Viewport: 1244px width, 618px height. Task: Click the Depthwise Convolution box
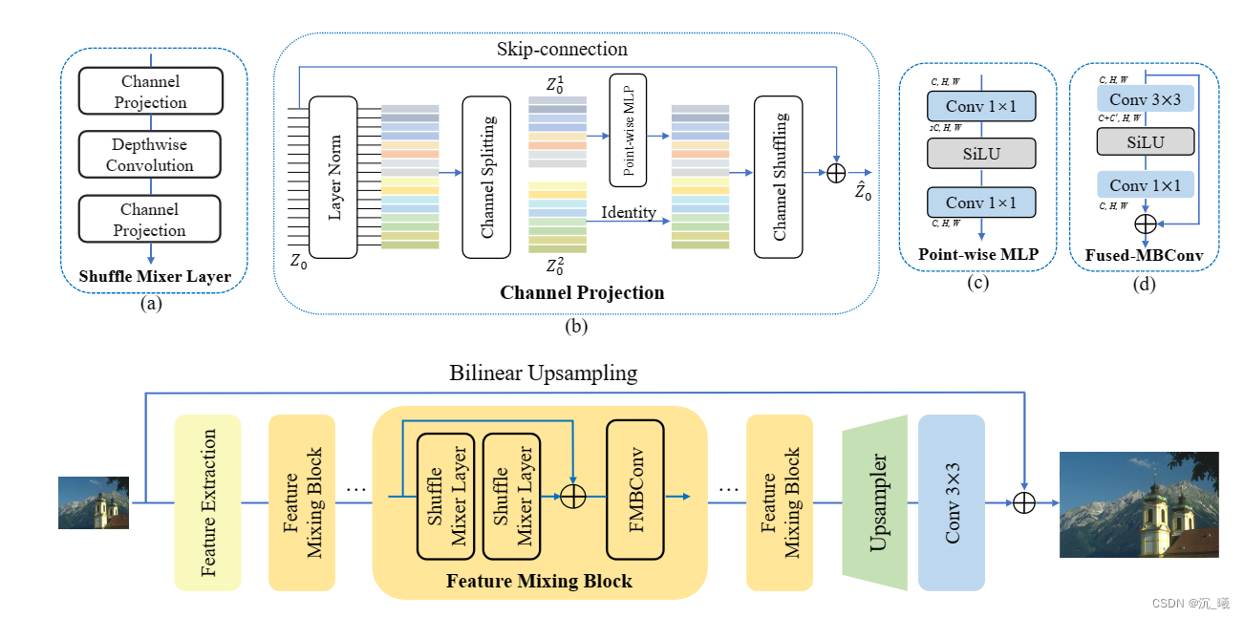click(x=150, y=155)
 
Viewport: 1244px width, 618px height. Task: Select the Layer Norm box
click(x=333, y=177)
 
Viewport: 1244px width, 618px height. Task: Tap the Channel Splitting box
click(x=487, y=177)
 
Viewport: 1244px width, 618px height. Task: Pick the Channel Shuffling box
click(x=779, y=177)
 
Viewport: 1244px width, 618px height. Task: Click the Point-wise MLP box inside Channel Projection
click(x=628, y=130)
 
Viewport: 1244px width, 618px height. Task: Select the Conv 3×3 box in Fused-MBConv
click(x=1145, y=99)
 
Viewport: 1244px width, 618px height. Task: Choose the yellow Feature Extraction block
click(x=207, y=502)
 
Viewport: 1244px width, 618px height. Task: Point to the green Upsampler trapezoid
click(x=874, y=502)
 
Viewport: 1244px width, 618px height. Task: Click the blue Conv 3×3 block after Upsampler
click(x=951, y=502)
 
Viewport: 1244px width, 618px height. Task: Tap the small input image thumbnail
click(x=94, y=502)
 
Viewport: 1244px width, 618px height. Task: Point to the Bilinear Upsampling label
click(x=543, y=373)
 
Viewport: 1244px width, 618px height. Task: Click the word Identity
click(x=629, y=212)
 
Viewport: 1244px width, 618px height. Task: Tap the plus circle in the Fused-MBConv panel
click(x=1145, y=223)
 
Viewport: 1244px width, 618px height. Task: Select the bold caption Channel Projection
click(x=582, y=292)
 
